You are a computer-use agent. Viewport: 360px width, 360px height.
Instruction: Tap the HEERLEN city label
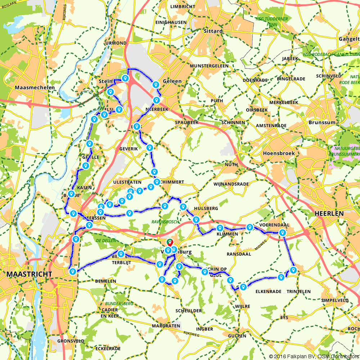coord(329,213)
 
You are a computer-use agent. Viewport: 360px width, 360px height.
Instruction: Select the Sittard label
coord(213,31)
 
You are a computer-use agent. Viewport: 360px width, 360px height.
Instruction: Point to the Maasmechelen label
coord(35,87)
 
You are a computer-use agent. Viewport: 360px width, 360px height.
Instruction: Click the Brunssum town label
coord(322,122)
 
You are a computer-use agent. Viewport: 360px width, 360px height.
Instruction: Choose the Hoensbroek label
coord(279,153)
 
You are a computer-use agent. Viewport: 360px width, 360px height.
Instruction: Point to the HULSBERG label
coord(206,208)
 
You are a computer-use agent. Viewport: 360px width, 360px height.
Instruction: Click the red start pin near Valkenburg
coord(170,243)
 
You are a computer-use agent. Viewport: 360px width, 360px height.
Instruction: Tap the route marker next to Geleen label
coord(156,85)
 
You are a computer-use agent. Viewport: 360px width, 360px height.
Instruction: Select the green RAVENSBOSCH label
coord(165,222)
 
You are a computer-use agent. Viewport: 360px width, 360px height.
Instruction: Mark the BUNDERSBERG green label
coord(119,304)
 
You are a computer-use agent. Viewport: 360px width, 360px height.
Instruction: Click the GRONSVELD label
coord(71,341)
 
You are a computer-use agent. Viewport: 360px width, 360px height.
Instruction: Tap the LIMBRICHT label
coord(183,6)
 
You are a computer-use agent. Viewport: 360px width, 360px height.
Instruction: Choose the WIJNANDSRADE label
coord(231,184)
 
